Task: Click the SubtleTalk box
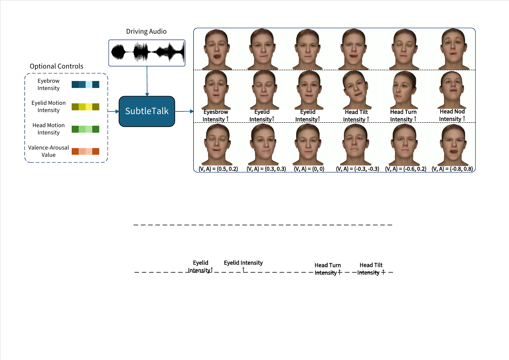[147, 111]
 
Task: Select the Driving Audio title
[146, 31]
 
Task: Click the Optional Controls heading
[57, 66]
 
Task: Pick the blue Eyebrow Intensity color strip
[85, 84]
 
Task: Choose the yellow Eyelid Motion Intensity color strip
[85, 107]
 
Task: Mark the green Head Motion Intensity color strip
[85, 129]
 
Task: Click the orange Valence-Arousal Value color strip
[85, 151]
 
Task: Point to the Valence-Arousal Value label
[48, 151]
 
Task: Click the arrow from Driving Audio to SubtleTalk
[147, 81]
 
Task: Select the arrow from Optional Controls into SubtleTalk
[113, 111]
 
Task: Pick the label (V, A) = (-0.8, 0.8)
[452, 169]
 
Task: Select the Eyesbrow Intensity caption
[216, 116]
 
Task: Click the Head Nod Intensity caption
[452, 115]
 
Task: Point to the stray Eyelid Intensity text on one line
[243, 263]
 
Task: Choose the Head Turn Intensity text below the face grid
[328, 269]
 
